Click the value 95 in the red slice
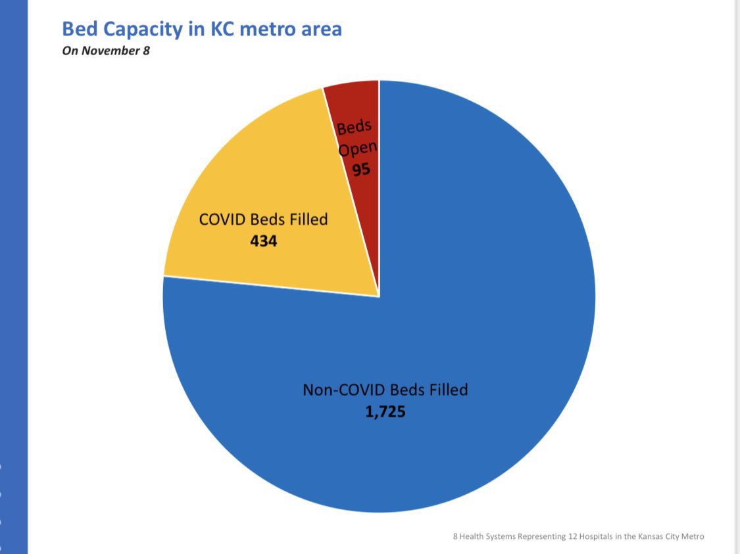tap(360, 169)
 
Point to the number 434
tap(263, 241)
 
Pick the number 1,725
tap(385, 412)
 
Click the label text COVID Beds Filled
tap(263, 219)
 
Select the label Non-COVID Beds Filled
tap(385, 389)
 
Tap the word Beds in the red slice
tap(354, 126)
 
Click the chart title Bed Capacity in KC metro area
tap(201, 29)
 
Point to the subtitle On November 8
tap(106, 50)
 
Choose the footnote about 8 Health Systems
tap(578, 536)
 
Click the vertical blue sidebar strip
tap(13, 276)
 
